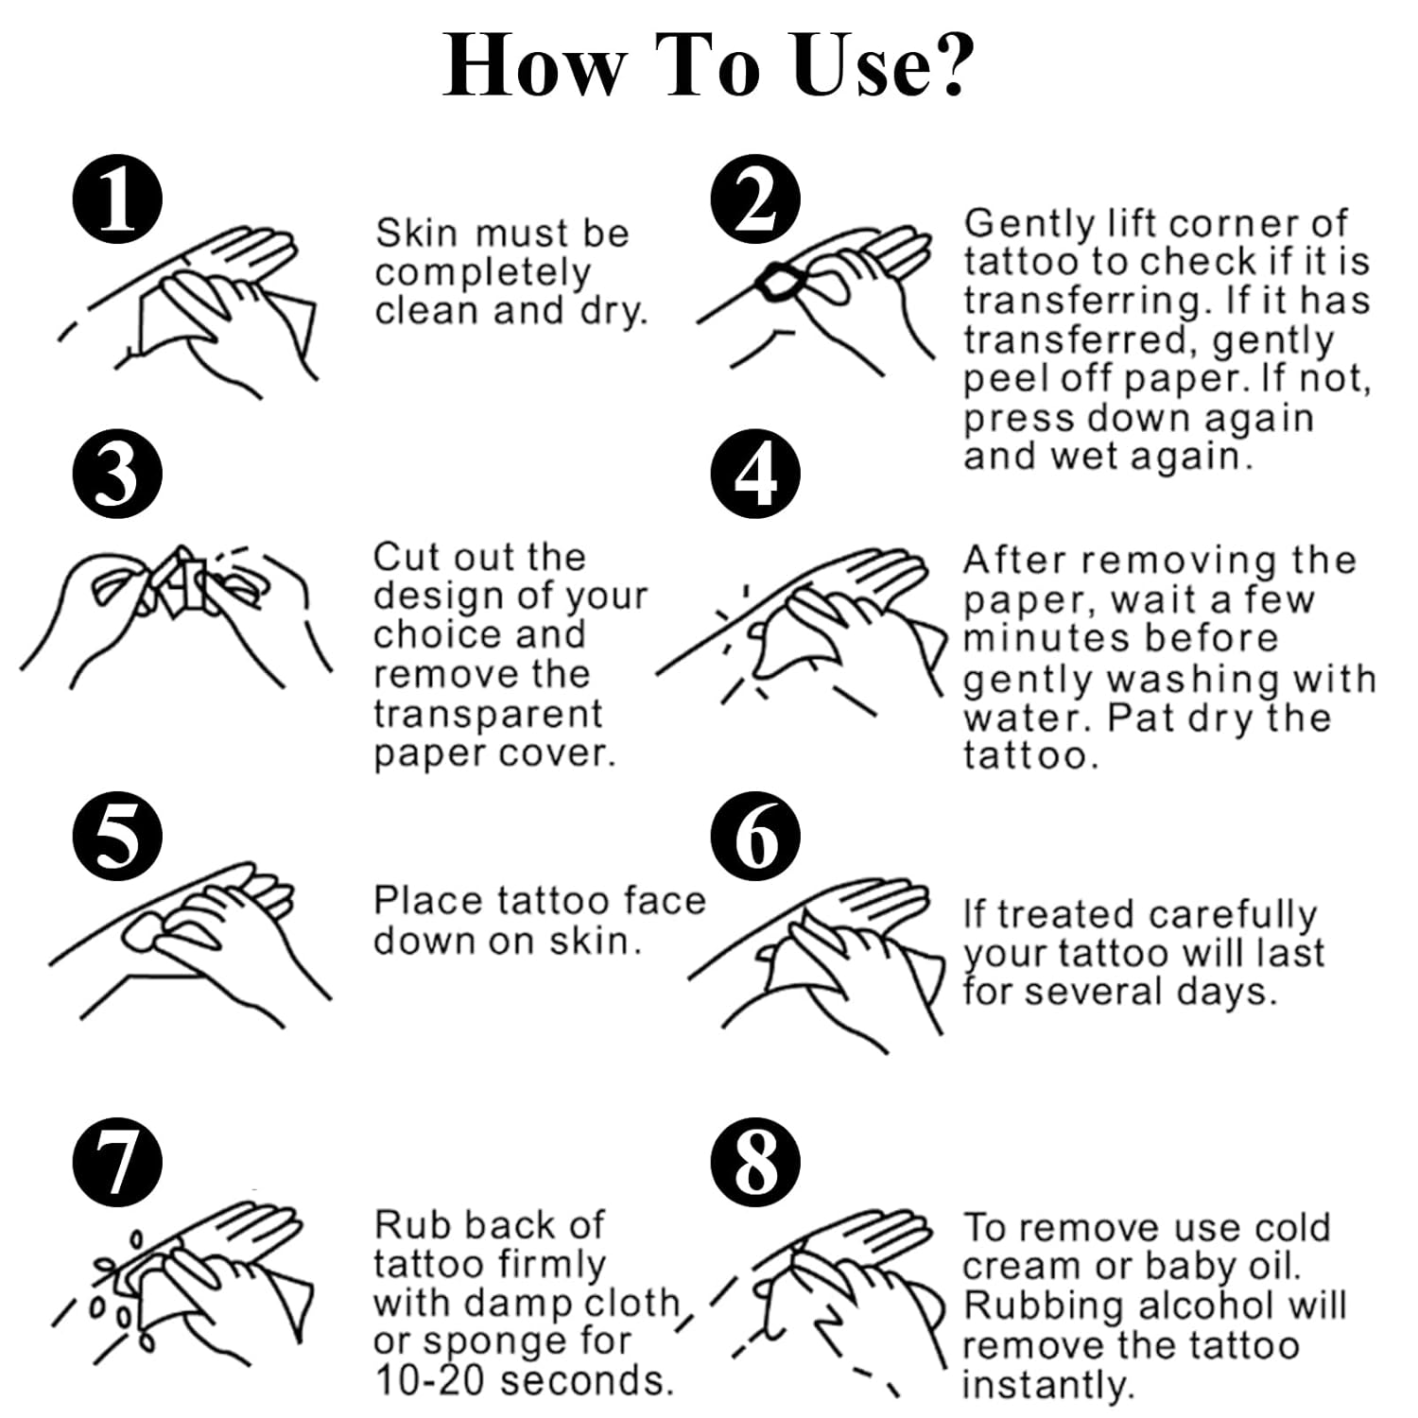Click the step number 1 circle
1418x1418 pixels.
pyautogui.click(x=117, y=200)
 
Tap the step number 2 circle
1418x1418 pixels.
pyautogui.click(x=755, y=200)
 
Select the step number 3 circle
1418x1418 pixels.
pyautogui.click(x=117, y=473)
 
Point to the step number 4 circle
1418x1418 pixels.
pyautogui.click(x=755, y=473)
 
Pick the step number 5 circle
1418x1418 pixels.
pyautogui.click(x=117, y=837)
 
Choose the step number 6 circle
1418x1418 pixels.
pyautogui.click(x=755, y=837)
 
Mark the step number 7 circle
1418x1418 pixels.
pyautogui.click(x=117, y=1161)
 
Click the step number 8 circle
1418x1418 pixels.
pyautogui.click(x=755, y=1161)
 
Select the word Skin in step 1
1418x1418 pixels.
pyautogui.click(x=415, y=233)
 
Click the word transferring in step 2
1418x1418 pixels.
pyautogui.click(x=1085, y=302)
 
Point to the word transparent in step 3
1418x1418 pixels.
pyautogui.click(x=488, y=715)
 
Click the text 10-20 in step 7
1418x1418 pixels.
pyautogui.click(x=431, y=1380)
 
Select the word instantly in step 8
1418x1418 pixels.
pyautogui.click(x=1046, y=1385)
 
